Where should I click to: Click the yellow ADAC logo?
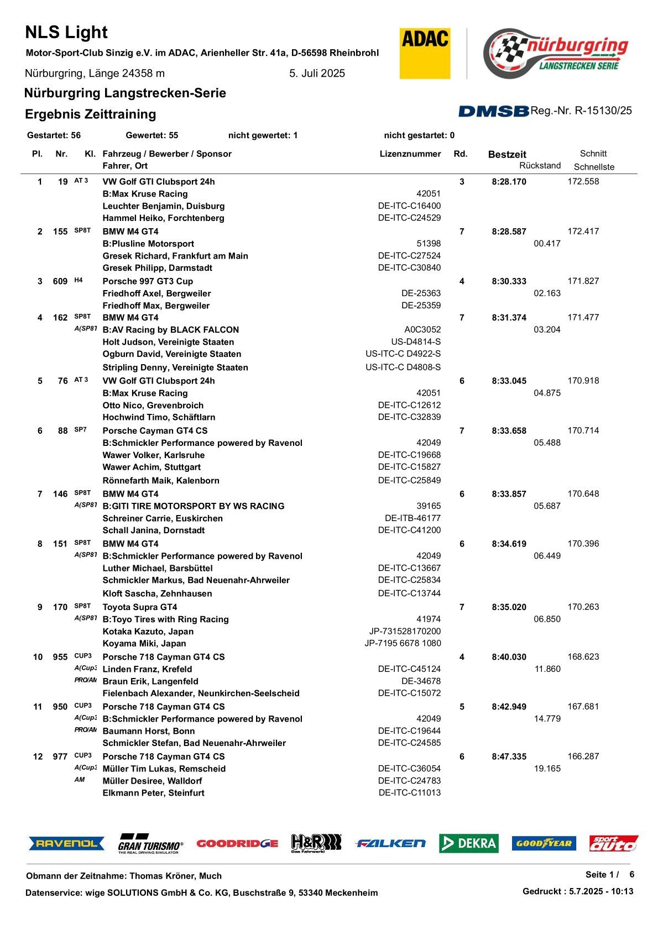(x=425, y=54)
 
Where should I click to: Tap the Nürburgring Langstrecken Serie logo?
(x=556, y=54)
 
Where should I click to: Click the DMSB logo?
(x=493, y=111)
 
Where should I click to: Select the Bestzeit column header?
(x=507, y=155)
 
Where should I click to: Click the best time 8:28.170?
(x=509, y=182)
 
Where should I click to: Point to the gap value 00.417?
(x=547, y=244)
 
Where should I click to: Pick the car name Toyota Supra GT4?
(x=140, y=607)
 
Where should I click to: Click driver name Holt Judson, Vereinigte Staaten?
(x=168, y=342)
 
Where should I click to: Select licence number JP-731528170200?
(x=405, y=631)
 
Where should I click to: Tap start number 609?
(x=60, y=281)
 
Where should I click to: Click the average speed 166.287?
(x=583, y=756)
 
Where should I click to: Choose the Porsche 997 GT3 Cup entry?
(x=148, y=281)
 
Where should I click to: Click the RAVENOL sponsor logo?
(x=66, y=843)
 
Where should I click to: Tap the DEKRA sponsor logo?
(x=469, y=843)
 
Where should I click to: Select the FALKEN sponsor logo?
(x=390, y=843)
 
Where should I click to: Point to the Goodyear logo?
(x=544, y=843)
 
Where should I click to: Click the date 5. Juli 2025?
(x=317, y=73)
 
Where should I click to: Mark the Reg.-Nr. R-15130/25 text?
(x=581, y=111)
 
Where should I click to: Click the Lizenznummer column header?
(x=410, y=154)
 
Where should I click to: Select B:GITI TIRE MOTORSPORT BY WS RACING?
(x=194, y=506)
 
